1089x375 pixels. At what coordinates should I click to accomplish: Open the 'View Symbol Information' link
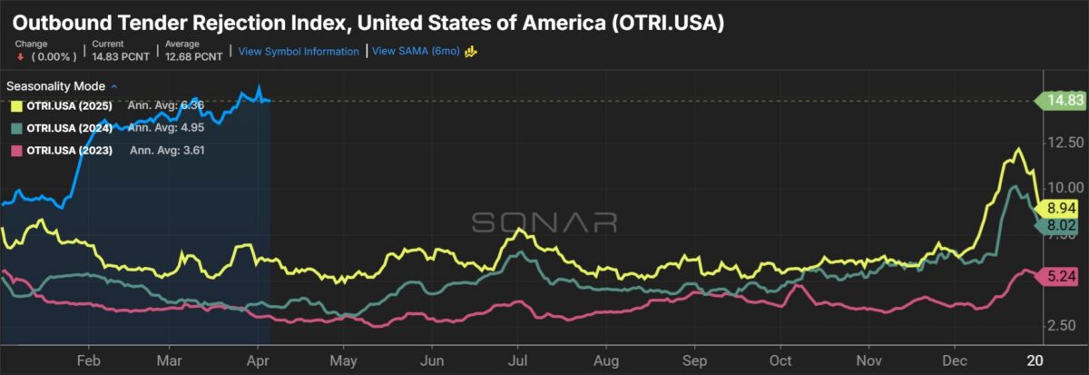pyautogui.click(x=299, y=52)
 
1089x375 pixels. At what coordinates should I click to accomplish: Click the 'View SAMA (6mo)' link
pyautogui.click(x=416, y=52)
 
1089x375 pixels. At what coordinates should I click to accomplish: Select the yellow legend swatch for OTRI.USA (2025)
pyautogui.click(x=15, y=106)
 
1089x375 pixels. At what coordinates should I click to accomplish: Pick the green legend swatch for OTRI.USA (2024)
pyautogui.click(x=15, y=128)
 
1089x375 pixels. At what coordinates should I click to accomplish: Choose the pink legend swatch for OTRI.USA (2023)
pyautogui.click(x=15, y=150)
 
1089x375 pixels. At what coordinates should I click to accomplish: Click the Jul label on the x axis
pyautogui.click(x=520, y=359)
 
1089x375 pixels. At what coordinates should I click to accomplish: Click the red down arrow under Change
pyautogui.click(x=18, y=56)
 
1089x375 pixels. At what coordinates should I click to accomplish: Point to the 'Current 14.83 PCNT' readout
pyautogui.click(x=112, y=51)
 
